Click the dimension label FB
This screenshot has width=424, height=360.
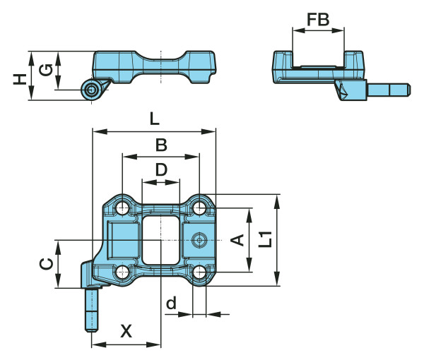tap(319, 20)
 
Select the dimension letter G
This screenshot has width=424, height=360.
tap(45, 69)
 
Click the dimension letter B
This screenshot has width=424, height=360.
tap(161, 145)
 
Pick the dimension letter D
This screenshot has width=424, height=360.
tap(161, 169)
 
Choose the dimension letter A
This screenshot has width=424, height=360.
tap(239, 240)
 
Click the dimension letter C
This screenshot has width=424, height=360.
tap(45, 263)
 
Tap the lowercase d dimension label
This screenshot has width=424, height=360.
tap(170, 304)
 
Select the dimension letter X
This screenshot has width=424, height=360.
tap(126, 330)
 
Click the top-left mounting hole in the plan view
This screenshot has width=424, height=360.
tap(122, 208)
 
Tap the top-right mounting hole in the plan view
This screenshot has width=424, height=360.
tap(200, 208)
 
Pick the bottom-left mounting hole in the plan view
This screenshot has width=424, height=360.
tap(122, 272)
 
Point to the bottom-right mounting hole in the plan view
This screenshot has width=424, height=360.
tap(200, 272)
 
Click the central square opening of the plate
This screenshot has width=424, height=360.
tap(161, 239)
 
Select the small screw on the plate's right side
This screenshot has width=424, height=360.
tap(201, 241)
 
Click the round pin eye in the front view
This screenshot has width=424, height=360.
tap(90, 89)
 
